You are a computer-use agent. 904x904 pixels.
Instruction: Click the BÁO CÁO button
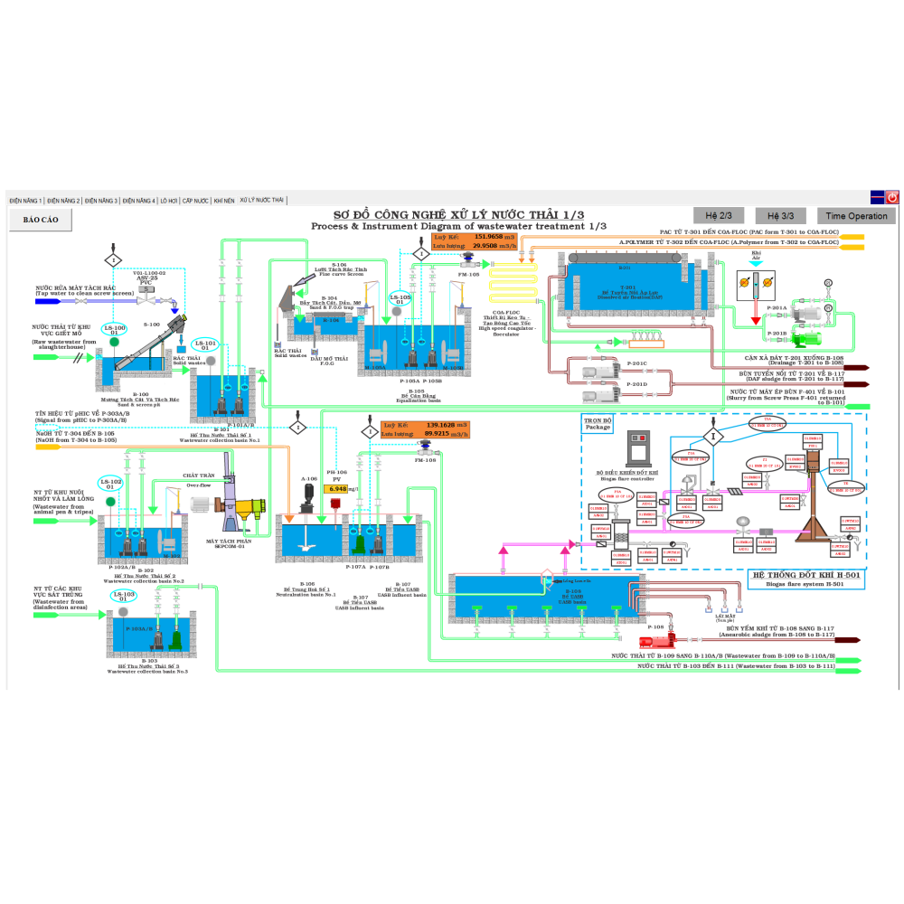pyautogui.click(x=41, y=219)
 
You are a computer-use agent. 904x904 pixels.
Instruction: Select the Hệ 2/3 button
pyautogui.click(x=718, y=215)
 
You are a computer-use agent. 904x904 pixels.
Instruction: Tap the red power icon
pyautogui.click(x=892, y=196)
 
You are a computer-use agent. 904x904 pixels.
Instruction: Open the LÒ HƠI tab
pyautogui.click(x=169, y=200)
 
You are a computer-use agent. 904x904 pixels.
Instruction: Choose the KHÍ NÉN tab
pyautogui.click(x=223, y=200)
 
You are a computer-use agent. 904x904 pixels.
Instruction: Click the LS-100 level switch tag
pyautogui.click(x=115, y=330)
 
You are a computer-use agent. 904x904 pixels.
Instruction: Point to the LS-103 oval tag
pyautogui.click(x=122, y=595)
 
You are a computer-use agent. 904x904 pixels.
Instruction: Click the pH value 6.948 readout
pyautogui.click(x=337, y=489)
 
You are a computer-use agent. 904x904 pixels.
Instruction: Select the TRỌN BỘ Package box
pyautogui.click(x=598, y=423)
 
